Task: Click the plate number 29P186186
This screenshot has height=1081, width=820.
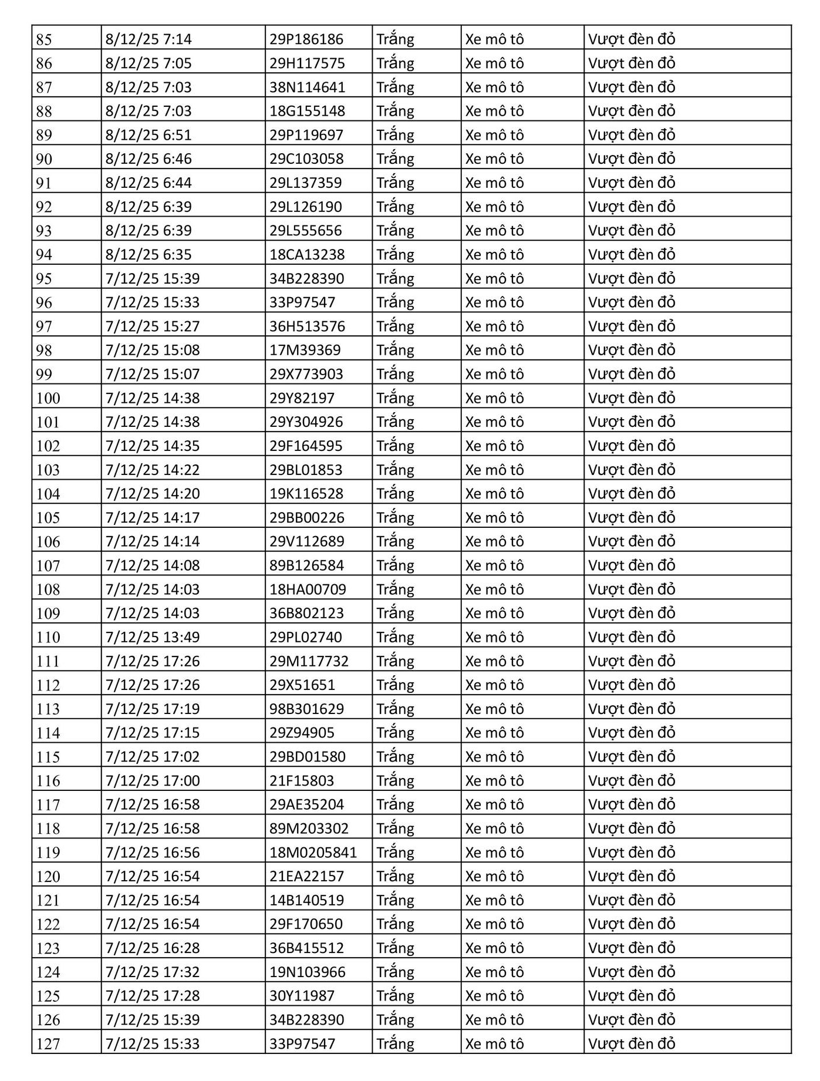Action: pos(306,39)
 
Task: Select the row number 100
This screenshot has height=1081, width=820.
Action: pos(48,398)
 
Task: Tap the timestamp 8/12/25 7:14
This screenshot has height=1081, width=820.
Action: pos(149,39)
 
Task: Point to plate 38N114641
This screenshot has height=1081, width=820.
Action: pos(307,87)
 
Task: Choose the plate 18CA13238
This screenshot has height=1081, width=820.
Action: pos(307,254)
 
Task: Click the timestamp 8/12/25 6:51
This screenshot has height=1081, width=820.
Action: pos(149,135)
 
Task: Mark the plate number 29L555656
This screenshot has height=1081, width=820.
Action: pos(305,230)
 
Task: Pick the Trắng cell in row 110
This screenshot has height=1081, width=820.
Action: pos(395,637)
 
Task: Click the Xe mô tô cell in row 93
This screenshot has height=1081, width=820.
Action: pos(494,230)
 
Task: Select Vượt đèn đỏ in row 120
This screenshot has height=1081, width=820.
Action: pos(632,876)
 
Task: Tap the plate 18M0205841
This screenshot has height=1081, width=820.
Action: pos(313,852)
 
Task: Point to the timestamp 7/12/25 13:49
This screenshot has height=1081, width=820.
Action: pos(153,637)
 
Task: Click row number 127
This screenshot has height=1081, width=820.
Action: pos(48,1043)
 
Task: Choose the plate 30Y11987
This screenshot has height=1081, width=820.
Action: pos(302,996)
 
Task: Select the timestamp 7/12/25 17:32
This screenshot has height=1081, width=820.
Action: pos(153,972)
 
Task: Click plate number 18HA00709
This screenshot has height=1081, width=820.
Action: pos(308,589)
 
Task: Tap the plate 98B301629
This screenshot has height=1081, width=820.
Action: pos(306,709)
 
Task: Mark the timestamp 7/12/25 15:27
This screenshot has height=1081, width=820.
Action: pos(153,326)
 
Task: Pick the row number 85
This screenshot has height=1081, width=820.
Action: pos(44,39)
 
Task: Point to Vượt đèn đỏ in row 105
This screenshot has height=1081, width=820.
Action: pos(632,517)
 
